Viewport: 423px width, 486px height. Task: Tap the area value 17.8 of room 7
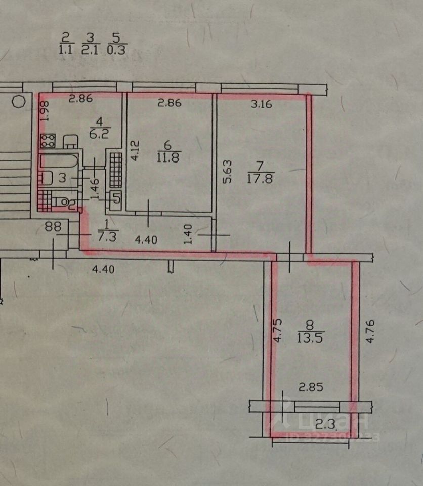click(x=261, y=178)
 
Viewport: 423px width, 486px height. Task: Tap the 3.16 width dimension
click(x=262, y=105)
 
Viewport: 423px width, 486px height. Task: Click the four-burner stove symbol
click(x=48, y=140)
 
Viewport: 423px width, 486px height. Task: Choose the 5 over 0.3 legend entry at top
click(x=117, y=44)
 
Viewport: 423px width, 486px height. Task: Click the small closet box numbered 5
click(x=116, y=198)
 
